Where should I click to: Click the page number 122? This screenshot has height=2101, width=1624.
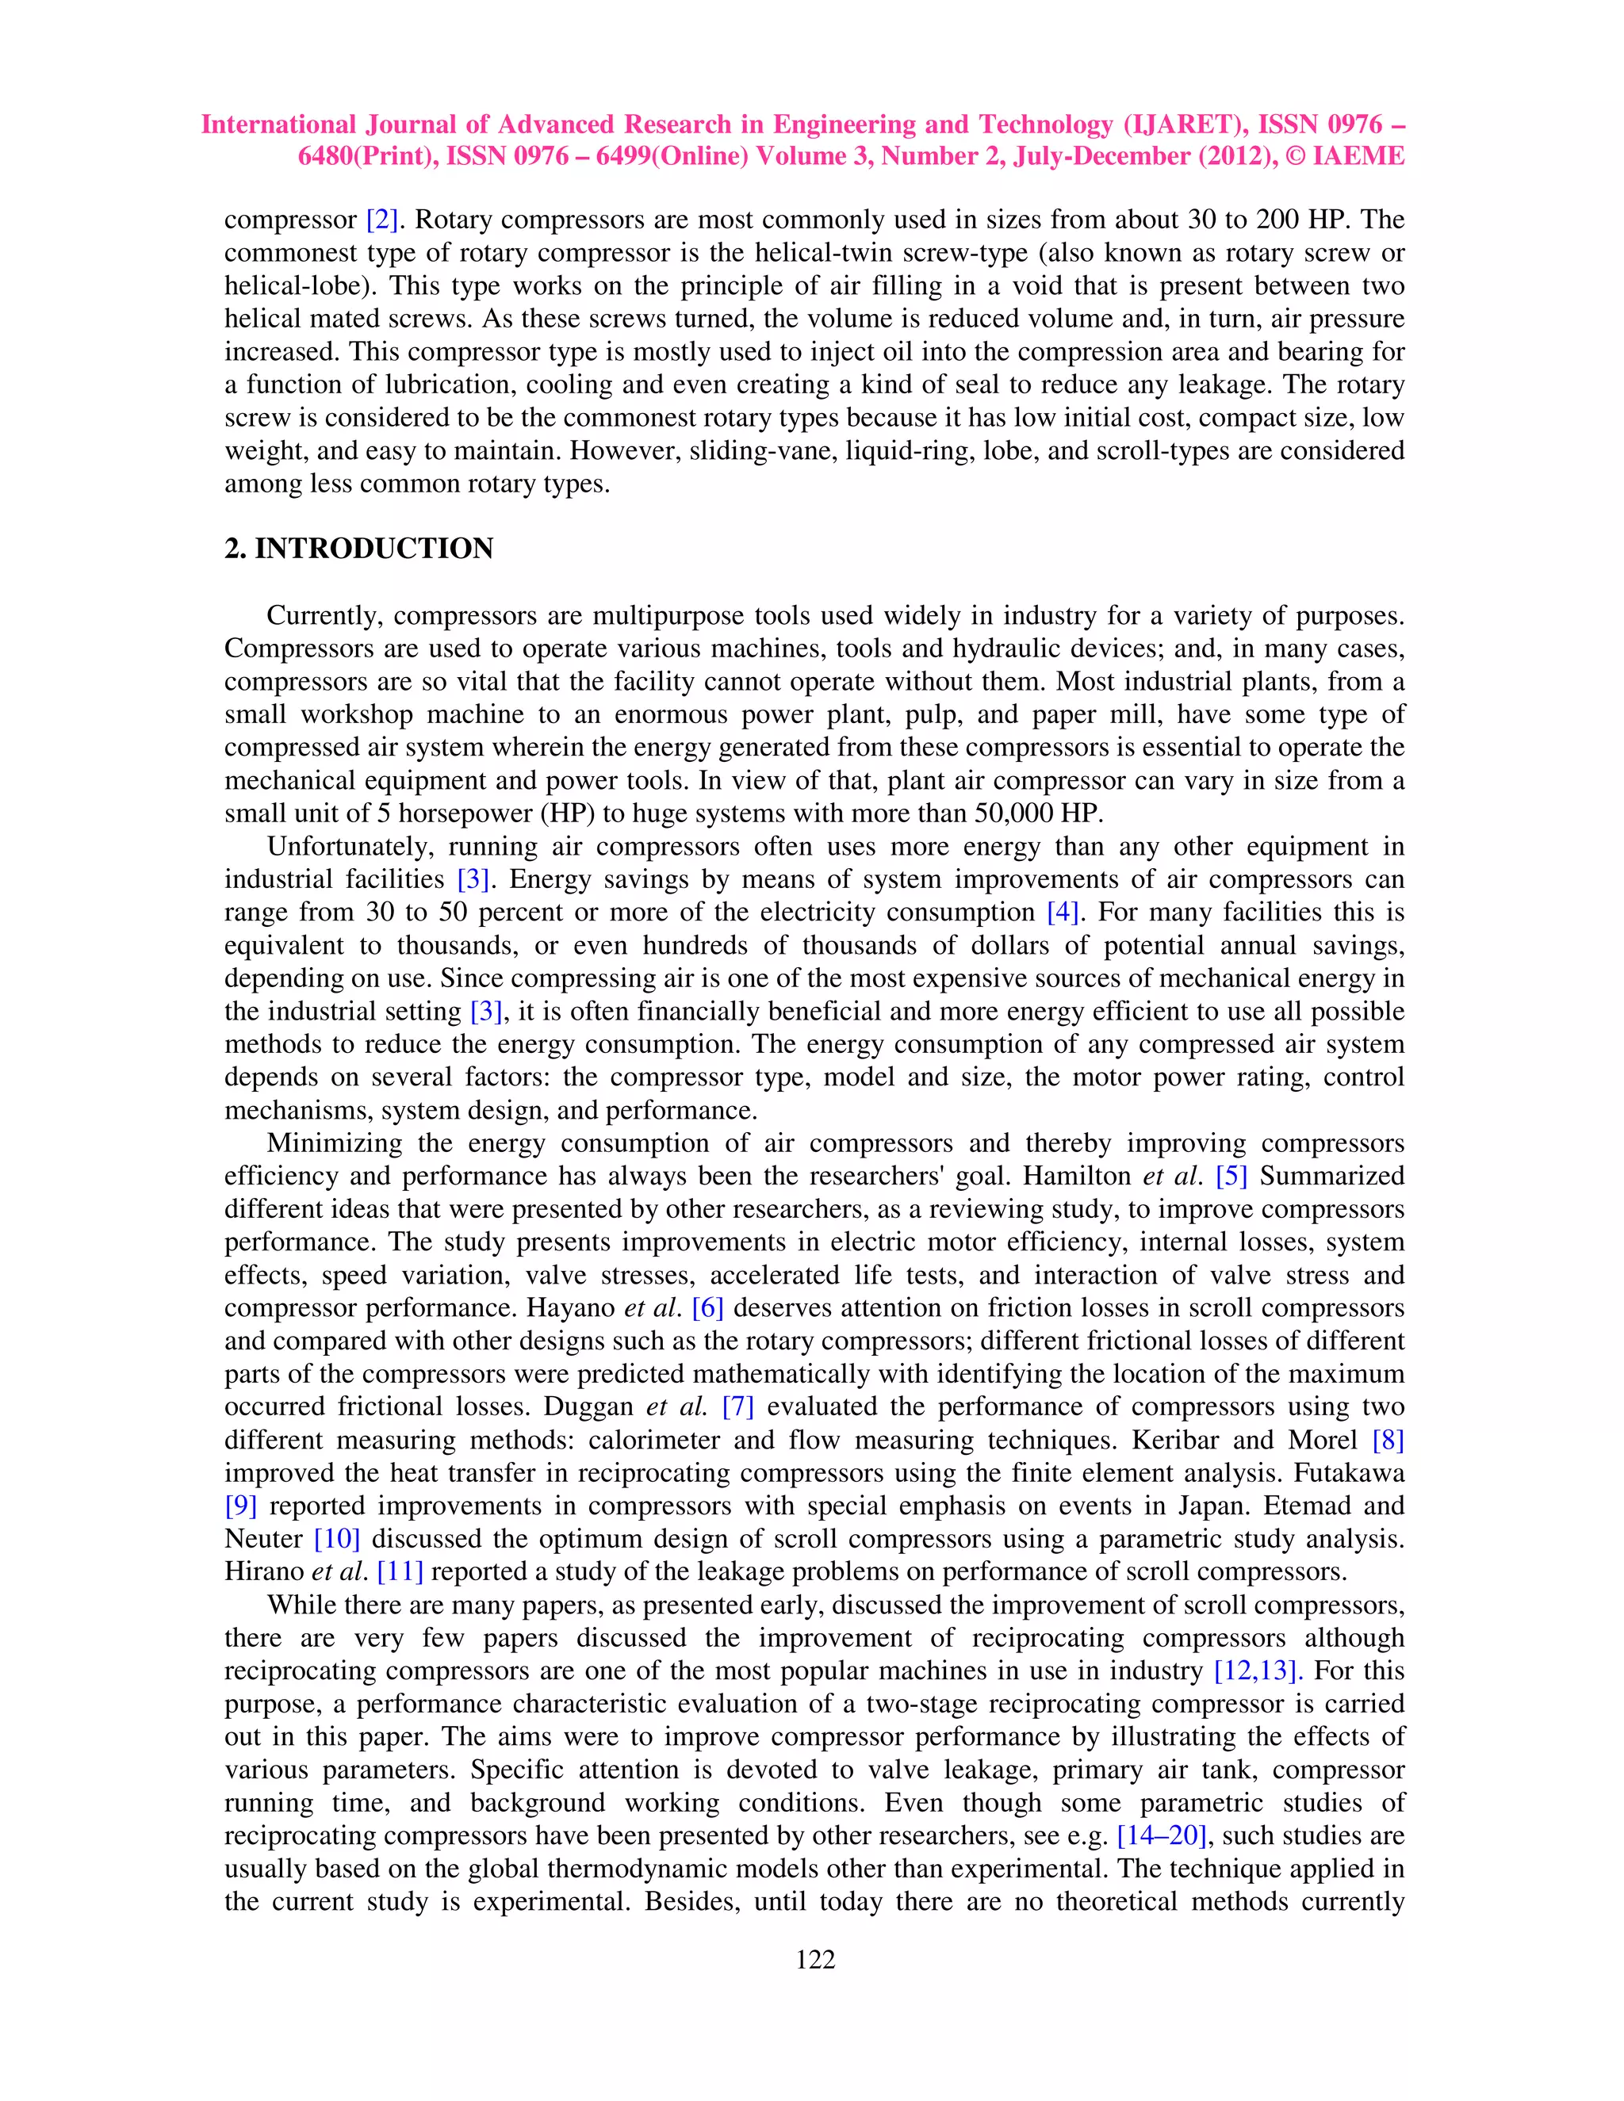coord(815,1961)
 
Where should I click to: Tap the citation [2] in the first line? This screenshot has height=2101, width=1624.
coord(382,220)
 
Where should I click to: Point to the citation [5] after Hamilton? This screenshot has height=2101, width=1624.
coord(1231,1176)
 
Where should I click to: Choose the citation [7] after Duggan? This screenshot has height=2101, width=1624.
coord(738,1406)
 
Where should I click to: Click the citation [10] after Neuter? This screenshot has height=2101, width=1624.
coord(337,1538)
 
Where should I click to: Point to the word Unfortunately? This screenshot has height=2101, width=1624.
coord(350,847)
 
